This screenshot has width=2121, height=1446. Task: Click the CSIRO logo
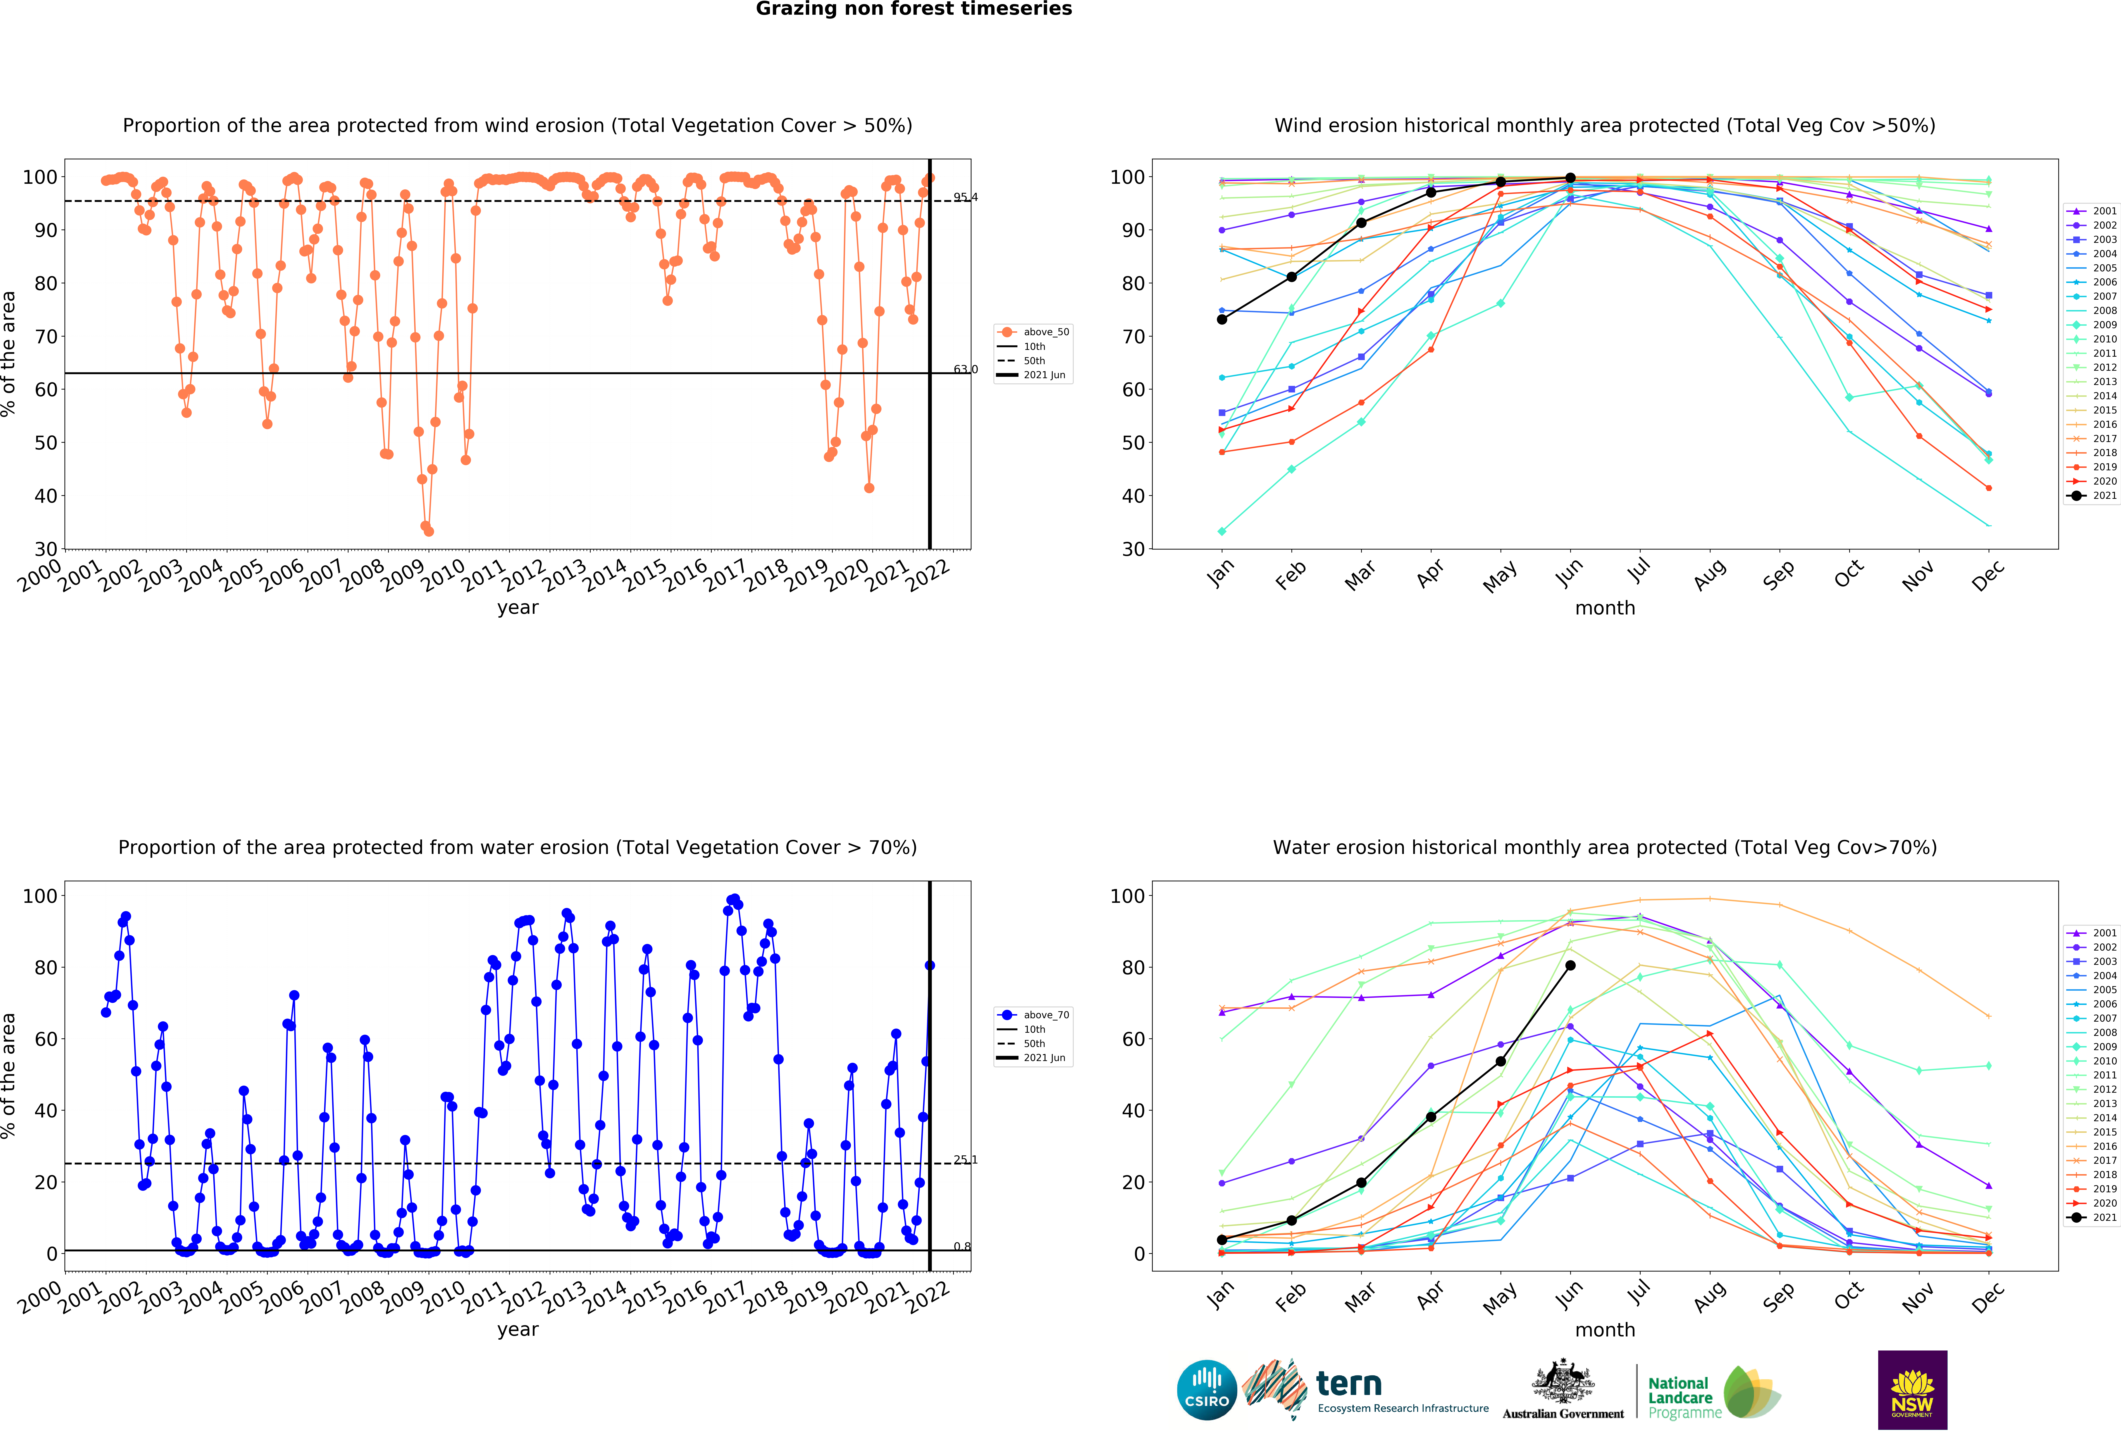click(1207, 1390)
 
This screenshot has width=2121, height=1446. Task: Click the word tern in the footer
click(1349, 1384)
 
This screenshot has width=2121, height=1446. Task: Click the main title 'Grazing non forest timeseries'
click(914, 9)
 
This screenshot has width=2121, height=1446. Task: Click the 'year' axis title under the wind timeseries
click(518, 608)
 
